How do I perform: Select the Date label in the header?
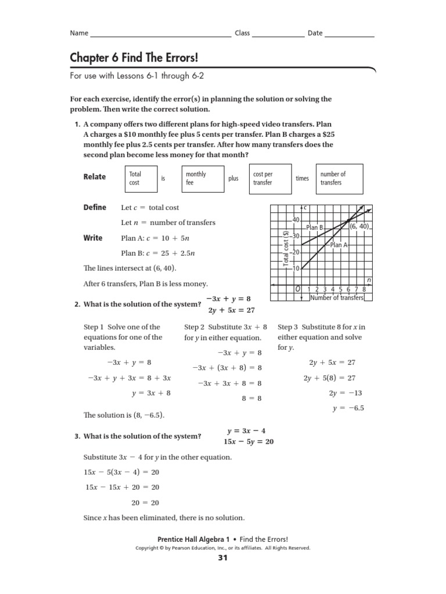(315, 33)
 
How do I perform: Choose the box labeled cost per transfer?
(269, 178)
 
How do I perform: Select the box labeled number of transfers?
(339, 178)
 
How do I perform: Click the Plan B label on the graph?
(314, 228)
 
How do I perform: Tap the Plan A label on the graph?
(339, 245)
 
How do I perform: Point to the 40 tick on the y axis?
(295, 220)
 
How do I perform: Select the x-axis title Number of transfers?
(337, 298)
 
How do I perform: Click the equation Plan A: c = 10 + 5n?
(156, 238)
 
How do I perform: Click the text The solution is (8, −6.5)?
(124, 415)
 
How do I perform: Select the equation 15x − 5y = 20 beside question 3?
(246, 441)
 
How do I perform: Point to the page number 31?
(223, 558)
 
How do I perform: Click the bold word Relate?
(95, 178)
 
